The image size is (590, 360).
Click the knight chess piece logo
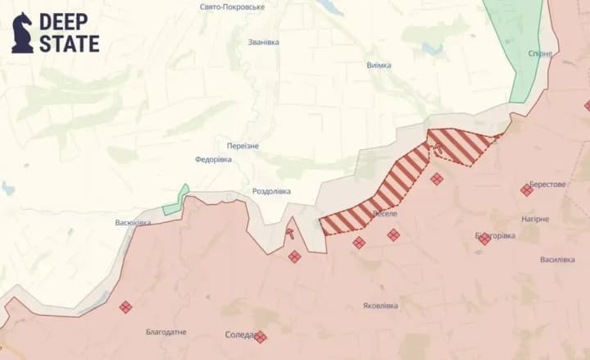22,33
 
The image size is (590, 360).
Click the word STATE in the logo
70,43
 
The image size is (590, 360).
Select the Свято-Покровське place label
232,7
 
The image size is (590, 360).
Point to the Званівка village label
263,42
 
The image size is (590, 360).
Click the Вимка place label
379,66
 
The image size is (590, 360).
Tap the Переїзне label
243,146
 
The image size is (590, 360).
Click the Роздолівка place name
271,191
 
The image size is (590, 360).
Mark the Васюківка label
133,223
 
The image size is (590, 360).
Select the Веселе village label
384,214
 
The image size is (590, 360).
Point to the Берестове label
547,185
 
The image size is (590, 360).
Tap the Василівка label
557,260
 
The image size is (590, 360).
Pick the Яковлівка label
380,306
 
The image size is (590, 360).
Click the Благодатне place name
166,332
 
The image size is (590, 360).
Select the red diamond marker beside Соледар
261,337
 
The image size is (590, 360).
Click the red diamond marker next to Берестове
526,190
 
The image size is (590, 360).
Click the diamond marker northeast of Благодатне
125,307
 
